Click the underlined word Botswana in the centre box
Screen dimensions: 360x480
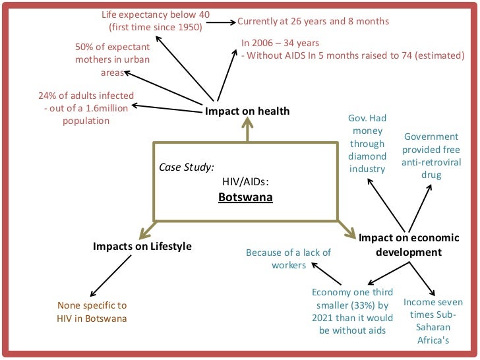tap(245, 197)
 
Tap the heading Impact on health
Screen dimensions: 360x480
tap(247, 111)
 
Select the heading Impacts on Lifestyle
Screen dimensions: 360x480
tap(142, 246)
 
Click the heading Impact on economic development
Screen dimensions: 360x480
tap(400, 244)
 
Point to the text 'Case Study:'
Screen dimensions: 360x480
tap(187, 167)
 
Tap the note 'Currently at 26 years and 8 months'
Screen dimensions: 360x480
tap(313, 21)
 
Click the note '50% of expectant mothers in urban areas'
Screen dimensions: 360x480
tap(112, 60)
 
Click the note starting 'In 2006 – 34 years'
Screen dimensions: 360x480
tap(352, 49)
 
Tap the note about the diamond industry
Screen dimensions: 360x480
tap(367, 143)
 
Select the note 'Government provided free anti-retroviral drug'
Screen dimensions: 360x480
tap(431, 156)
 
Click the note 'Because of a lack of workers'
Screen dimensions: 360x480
tap(288, 258)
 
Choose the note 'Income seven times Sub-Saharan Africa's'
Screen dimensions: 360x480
tap(433, 321)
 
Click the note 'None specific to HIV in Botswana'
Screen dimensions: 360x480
tap(92, 312)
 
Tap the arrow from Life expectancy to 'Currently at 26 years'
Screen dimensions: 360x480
tap(222, 22)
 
